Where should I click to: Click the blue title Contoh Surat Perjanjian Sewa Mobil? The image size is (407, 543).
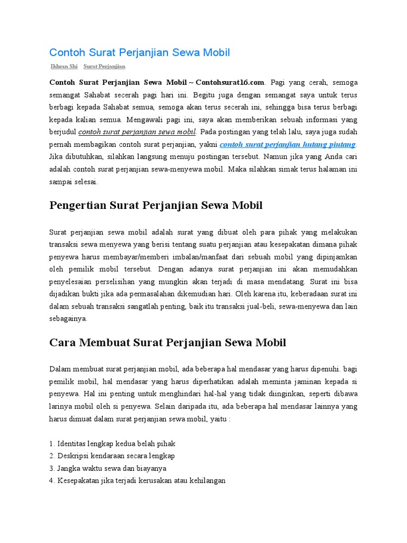pos(139,52)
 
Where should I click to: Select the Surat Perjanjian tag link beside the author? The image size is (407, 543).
pos(104,67)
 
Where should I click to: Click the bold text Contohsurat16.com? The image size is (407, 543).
pos(229,83)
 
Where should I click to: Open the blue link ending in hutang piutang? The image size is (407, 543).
pos(288,144)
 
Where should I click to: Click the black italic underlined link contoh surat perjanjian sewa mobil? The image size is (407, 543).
pos(137,132)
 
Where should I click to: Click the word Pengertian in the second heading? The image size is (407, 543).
pos(79,205)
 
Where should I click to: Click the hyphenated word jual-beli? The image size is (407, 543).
pos(260,306)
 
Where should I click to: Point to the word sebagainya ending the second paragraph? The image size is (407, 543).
pos(68,319)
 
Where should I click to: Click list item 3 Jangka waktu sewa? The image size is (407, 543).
pos(108,468)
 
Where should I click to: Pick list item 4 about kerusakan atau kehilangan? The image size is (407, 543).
pos(137,480)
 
